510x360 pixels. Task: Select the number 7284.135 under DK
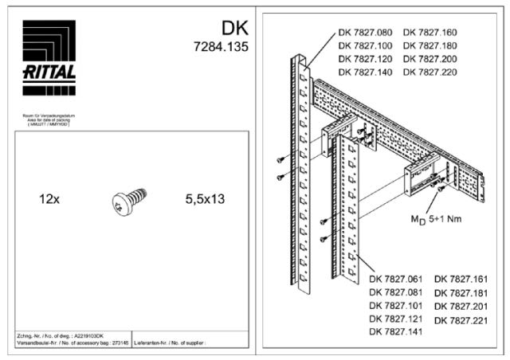point(221,47)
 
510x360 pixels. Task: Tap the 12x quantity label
point(49,198)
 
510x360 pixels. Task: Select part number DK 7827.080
point(365,33)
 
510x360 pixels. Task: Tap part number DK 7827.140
point(365,72)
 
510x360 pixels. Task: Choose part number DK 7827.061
point(396,279)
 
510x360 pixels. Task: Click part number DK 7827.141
point(396,331)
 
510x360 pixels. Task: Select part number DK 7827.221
point(461,319)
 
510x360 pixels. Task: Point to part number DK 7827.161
point(461,279)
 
